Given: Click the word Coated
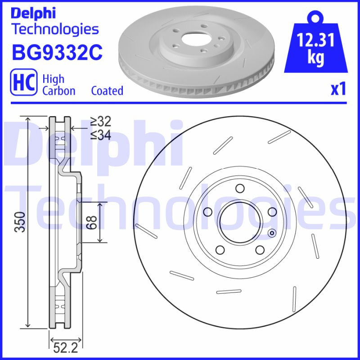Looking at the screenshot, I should click(107, 90).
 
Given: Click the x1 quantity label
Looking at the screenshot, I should click(338, 90).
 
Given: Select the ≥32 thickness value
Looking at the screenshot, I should click(100, 121).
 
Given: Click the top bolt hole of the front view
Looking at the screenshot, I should click(240, 188).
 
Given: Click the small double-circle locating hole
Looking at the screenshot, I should click(271, 233).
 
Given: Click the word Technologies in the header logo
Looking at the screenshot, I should click(54, 29).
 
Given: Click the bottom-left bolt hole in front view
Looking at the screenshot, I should click(220, 250).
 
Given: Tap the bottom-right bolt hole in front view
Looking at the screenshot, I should click(260, 250).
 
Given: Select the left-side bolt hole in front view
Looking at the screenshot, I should click(207, 212).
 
